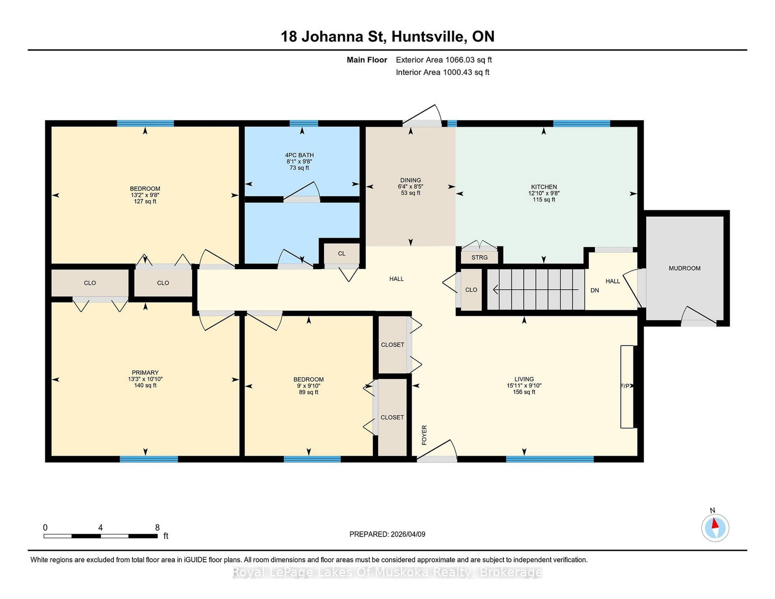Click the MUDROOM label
[684, 268]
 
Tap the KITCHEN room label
[543, 187]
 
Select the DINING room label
[410, 181]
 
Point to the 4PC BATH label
[299, 155]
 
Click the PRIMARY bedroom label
[145, 372]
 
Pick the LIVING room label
[524, 379]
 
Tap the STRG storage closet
[480, 257]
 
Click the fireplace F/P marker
[625, 386]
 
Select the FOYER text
[424, 435]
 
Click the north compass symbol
[715, 528]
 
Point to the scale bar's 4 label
[101, 527]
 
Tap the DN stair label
[594, 290]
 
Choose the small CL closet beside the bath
[341, 254]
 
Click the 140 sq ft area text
[145, 385]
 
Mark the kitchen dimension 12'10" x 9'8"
[543, 193]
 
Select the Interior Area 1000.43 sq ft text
[442, 72]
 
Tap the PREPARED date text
[387, 534]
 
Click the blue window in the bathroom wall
[304, 123]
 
